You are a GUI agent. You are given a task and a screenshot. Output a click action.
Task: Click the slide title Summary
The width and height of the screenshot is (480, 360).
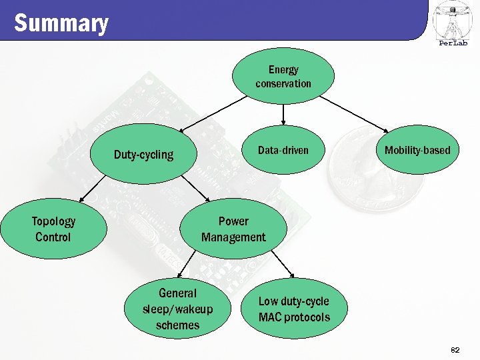point(61,23)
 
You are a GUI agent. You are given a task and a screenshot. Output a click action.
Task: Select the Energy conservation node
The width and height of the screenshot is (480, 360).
point(283,77)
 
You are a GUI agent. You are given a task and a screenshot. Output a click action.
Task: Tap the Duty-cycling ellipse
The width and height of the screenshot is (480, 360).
point(143,155)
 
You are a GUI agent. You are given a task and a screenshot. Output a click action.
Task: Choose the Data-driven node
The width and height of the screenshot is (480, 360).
point(283,150)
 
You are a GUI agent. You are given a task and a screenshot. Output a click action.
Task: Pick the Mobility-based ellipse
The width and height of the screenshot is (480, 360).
point(417,150)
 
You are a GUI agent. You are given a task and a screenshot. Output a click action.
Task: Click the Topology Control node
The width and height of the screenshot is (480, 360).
point(53,229)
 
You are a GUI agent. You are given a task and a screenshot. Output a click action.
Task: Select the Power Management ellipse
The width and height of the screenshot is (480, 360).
point(233,229)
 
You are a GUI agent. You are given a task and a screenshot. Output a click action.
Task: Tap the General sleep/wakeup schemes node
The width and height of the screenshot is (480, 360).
point(177,309)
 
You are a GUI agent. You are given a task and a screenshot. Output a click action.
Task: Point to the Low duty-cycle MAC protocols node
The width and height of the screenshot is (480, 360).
point(294,309)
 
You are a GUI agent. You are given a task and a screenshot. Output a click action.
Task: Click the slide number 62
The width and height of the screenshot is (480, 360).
point(455,349)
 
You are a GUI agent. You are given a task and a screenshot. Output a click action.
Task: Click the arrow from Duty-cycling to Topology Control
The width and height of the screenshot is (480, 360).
point(93,190)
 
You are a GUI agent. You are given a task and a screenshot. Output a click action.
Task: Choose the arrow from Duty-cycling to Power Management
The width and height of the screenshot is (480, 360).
point(193,189)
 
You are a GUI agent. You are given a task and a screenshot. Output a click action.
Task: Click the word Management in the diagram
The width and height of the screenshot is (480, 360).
point(233,237)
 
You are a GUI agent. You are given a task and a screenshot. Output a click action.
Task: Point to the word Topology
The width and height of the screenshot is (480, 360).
point(53,221)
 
